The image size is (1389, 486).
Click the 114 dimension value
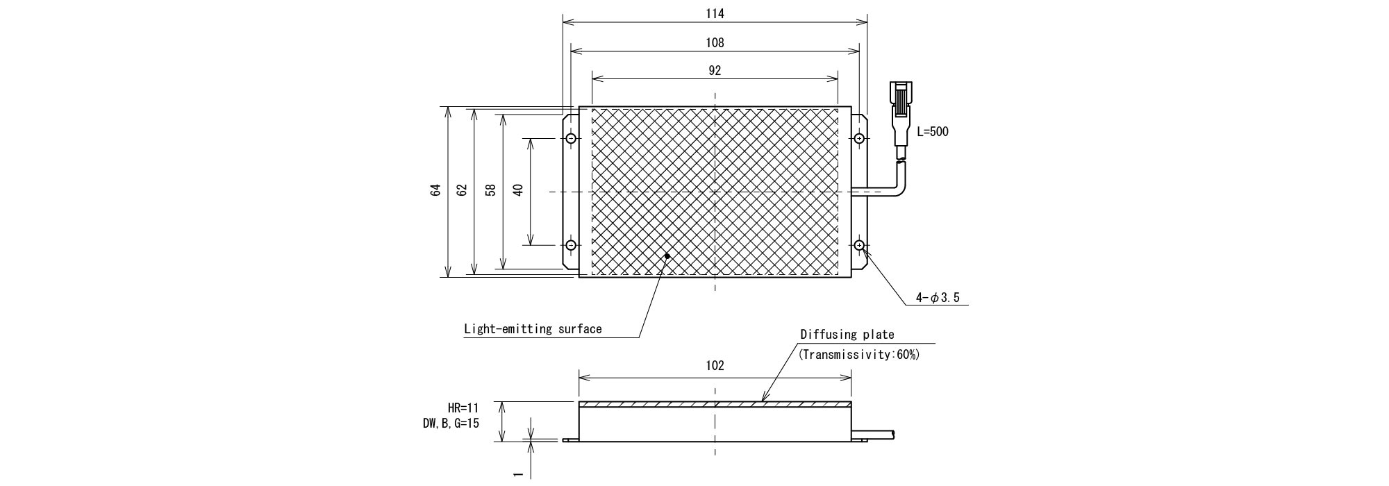[715, 13]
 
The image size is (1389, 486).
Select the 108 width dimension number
[715, 42]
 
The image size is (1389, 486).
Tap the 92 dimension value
[715, 70]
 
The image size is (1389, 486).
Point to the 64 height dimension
[435, 190]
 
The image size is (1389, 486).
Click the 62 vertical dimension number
[463, 190]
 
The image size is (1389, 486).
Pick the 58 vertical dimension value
[490, 190]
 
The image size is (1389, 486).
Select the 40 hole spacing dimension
[517, 190]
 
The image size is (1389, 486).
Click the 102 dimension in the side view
[715, 365]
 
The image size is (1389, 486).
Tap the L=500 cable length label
[933, 132]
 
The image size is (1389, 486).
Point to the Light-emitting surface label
[533, 329]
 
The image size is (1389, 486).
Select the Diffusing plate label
[847, 335]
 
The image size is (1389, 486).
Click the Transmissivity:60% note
[859, 355]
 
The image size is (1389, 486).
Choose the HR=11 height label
[463, 408]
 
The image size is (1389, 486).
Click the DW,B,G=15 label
[451, 423]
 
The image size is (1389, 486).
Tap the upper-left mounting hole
[571, 139]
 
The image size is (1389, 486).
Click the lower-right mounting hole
[859, 245]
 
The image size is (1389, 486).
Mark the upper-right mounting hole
[859, 139]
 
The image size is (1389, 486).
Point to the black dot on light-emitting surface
[667, 255]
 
